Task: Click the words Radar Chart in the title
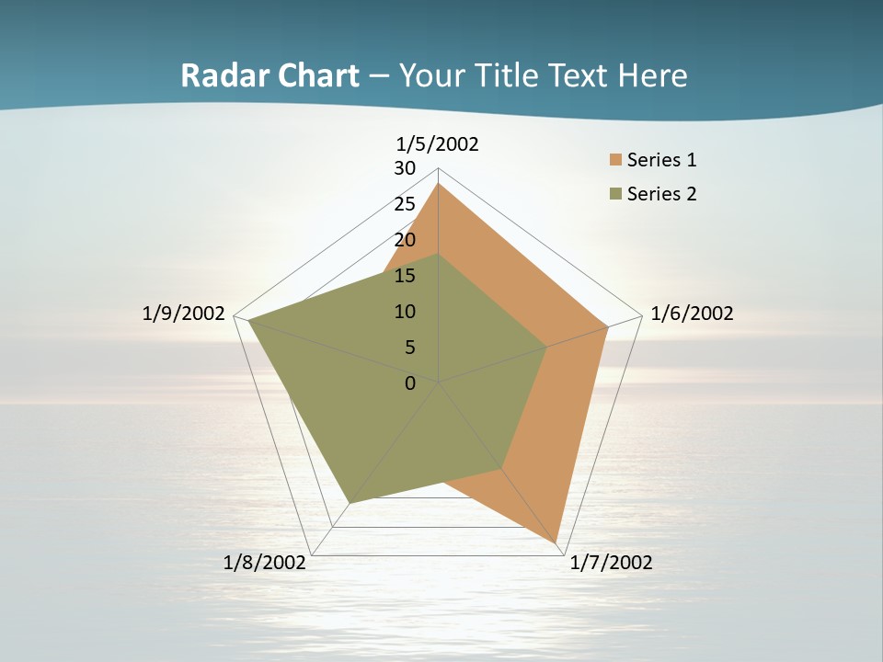(269, 75)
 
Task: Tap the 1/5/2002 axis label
(437, 144)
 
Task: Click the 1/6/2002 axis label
(692, 314)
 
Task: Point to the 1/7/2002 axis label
(611, 563)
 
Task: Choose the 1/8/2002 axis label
(264, 563)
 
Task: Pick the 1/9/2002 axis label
(183, 314)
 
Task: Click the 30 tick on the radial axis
(405, 168)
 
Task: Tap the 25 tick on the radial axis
(405, 204)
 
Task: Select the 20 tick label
(405, 240)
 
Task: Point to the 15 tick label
(405, 276)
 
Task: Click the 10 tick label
(405, 312)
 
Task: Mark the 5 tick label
(410, 348)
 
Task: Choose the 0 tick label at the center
(410, 383)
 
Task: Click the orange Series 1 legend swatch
(615, 160)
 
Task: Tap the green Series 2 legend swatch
(615, 194)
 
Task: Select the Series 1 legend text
(661, 160)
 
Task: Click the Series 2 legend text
(661, 194)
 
